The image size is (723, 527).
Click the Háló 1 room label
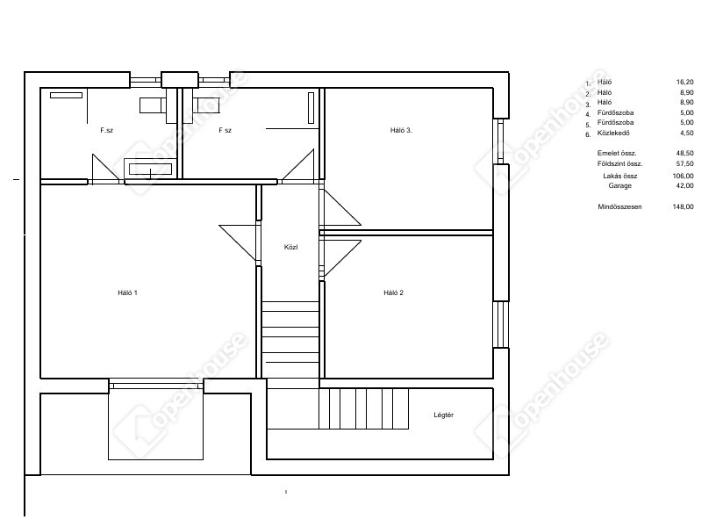tap(128, 292)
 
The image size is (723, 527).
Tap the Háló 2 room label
tap(393, 292)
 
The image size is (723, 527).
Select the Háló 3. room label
tap(401, 130)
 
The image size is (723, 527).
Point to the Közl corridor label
tap(291, 247)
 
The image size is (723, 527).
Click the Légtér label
tap(444, 415)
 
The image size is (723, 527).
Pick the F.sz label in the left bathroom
tap(106, 130)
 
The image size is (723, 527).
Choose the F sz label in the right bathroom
tap(225, 130)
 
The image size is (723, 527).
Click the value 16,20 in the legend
tap(684, 82)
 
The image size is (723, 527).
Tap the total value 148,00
tap(683, 206)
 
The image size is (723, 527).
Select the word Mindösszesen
tap(619, 206)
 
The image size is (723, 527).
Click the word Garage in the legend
tap(619, 185)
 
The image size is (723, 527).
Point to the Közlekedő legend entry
tap(613, 133)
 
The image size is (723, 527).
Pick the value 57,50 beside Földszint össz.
tap(684, 163)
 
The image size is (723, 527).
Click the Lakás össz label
tap(620, 176)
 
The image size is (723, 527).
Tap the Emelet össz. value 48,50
tap(684, 153)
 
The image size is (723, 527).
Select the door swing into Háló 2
tap(341, 258)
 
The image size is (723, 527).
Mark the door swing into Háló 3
tap(341, 207)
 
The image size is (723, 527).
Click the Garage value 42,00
tap(684, 185)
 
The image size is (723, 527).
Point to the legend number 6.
tap(588, 134)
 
